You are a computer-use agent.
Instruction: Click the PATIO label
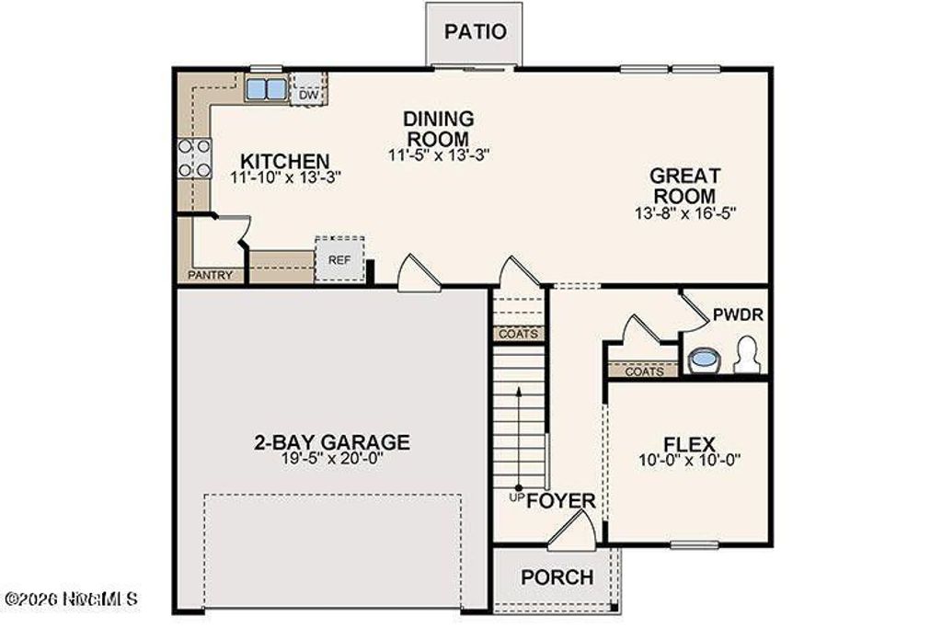tap(475, 31)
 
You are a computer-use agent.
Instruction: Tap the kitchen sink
tap(265, 90)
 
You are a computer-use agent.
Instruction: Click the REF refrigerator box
tap(339, 260)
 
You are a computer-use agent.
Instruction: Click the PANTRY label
tap(211, 275)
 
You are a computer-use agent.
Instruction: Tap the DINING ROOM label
tap(439, 129)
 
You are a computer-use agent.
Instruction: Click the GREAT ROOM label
tap(684, 186)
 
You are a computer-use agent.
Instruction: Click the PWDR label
tap(738, 315)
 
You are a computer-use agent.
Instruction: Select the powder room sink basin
tap(704, 359)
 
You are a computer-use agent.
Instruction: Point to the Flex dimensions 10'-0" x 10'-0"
tap(690, 460)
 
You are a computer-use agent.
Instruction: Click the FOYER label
tap(561, 502)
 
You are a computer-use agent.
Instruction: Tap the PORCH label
tap(557, 577)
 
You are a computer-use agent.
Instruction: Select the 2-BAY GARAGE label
tap(331, 442)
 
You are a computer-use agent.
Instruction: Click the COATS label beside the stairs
tap(518, 334)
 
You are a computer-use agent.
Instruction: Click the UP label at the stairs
tap(516, 497)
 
